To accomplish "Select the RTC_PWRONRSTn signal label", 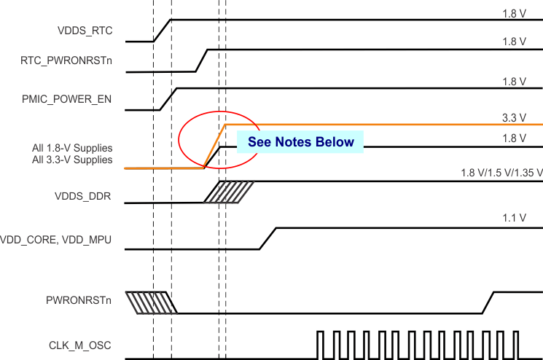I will [x=66, y=61].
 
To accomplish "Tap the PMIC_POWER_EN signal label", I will [x=66, y=99].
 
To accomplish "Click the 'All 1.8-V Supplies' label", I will [x=72, y=148].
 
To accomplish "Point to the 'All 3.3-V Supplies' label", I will [x=72, y=160].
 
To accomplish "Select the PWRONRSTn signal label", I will [x=79, y=300].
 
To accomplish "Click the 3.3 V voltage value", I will [x=514, y=117].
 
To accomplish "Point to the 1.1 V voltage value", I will [x=514, y=218].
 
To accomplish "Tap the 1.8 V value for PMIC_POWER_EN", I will [x=514, y=82].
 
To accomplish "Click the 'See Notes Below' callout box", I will [x=300, y=142].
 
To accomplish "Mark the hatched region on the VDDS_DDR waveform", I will [x=229, y=192].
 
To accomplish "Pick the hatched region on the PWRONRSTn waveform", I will [x=151, y=302].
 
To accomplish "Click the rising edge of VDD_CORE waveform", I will [x=268, y=238].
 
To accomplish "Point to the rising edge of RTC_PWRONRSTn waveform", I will [x=201, y=60].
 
